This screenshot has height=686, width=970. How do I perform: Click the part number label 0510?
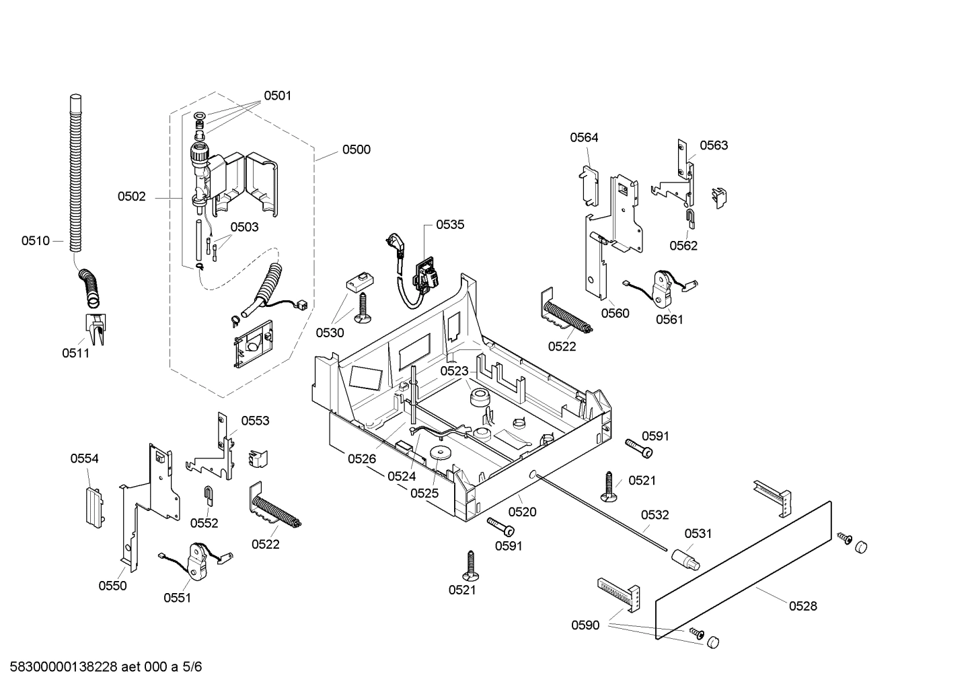pyautogui.click(x=35, y=240)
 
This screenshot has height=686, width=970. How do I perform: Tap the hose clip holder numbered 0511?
pyautogui.click(x=95, y=328)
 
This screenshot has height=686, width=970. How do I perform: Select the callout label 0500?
pyautogui.click(x=356, y=149)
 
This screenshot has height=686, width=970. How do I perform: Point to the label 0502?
pyautogui.click(x=131, y=197)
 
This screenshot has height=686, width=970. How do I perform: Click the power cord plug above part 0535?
pyautogui.click(x=396, y=244)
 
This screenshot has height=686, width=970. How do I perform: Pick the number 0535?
pyautogui.click(x=450, y=225)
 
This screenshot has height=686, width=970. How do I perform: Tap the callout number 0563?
pyautogui.click(x=713, y=145)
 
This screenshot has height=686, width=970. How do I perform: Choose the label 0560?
pyautogui.click(x=615, y=313)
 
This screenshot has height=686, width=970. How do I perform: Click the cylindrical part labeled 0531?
pyautogui.click(x=683, y=558)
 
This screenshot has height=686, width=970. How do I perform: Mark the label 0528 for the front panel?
pyautogui.click(x=803, y=606)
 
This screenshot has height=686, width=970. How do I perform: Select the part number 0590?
pyautogui.click(x=585, y=625)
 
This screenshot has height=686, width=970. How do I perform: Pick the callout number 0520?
pyautogui.click(x=522, y=512)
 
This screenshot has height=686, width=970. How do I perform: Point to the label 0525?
pyautogui.click(x=424, y=493)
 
